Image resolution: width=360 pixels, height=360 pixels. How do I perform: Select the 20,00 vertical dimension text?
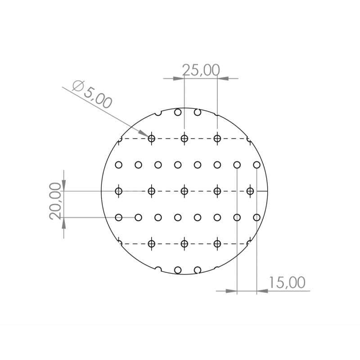55,200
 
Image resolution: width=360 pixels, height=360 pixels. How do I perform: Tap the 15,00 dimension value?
287,283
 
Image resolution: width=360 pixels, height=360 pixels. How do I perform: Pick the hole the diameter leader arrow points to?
152,138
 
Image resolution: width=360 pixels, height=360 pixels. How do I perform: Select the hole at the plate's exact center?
184,191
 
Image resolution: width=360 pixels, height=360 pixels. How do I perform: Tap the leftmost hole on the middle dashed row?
119,191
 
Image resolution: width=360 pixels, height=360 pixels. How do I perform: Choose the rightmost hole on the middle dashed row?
251,191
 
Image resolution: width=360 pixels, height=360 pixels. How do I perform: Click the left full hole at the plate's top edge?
178,112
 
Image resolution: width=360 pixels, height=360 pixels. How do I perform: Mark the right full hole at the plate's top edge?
198,112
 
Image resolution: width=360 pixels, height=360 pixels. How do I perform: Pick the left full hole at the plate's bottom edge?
178,270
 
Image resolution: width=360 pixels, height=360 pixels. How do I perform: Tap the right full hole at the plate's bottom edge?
198,270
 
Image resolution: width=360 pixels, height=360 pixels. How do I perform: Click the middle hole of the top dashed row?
184,138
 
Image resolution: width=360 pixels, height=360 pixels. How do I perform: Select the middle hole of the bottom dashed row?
184,243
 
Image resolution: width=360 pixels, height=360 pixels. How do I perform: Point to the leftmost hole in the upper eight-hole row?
119,165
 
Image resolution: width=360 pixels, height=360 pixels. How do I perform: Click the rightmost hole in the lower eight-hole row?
256,217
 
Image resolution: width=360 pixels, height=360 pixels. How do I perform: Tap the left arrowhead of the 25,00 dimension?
180,78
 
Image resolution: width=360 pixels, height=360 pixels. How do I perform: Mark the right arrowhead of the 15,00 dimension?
261,291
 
